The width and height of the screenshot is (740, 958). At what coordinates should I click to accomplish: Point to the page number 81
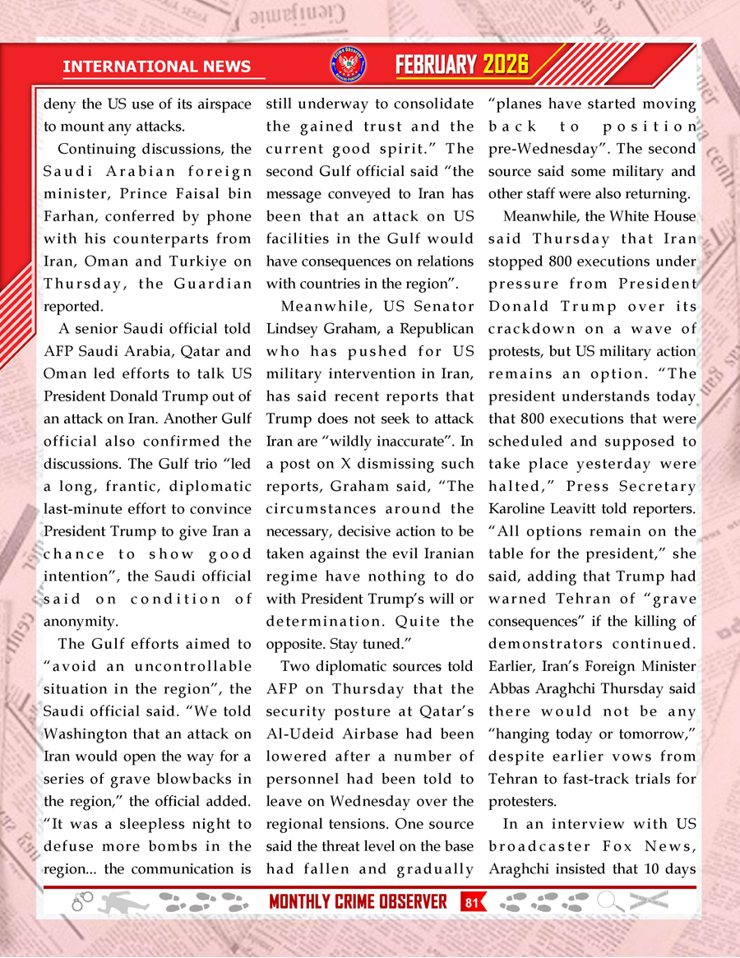pos(471,901)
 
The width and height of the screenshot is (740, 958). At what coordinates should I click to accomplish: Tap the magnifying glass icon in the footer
pos(609,901)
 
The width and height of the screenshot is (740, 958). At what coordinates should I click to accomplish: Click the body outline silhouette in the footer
pos(123,901)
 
